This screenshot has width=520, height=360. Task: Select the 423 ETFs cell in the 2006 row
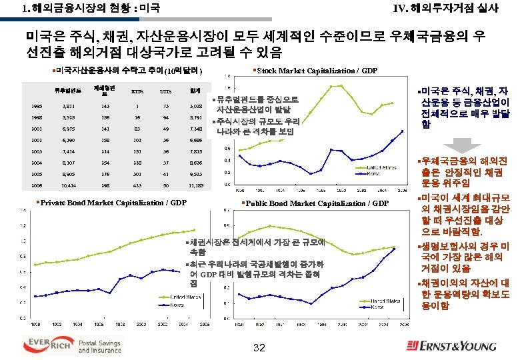[x=137, y=185]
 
